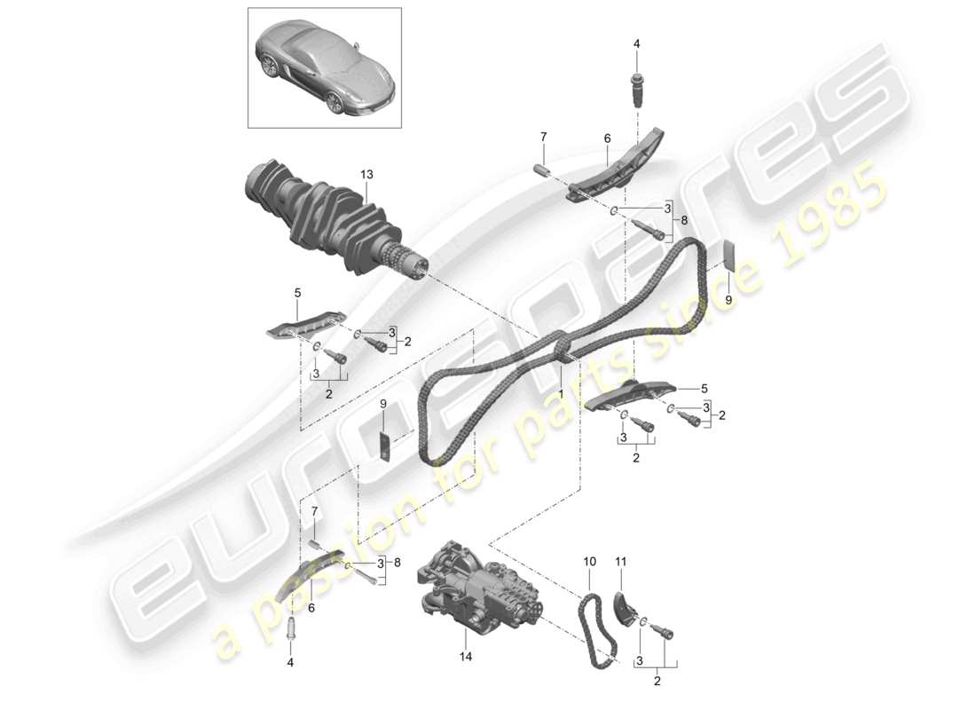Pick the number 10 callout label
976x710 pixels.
point(589,562)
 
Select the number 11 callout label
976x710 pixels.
point(621,562)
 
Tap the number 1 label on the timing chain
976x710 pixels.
point(562,389)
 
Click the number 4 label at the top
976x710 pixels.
point(636,43)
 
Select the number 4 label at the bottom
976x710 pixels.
point(289,661)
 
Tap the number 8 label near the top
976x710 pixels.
point(683,222)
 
